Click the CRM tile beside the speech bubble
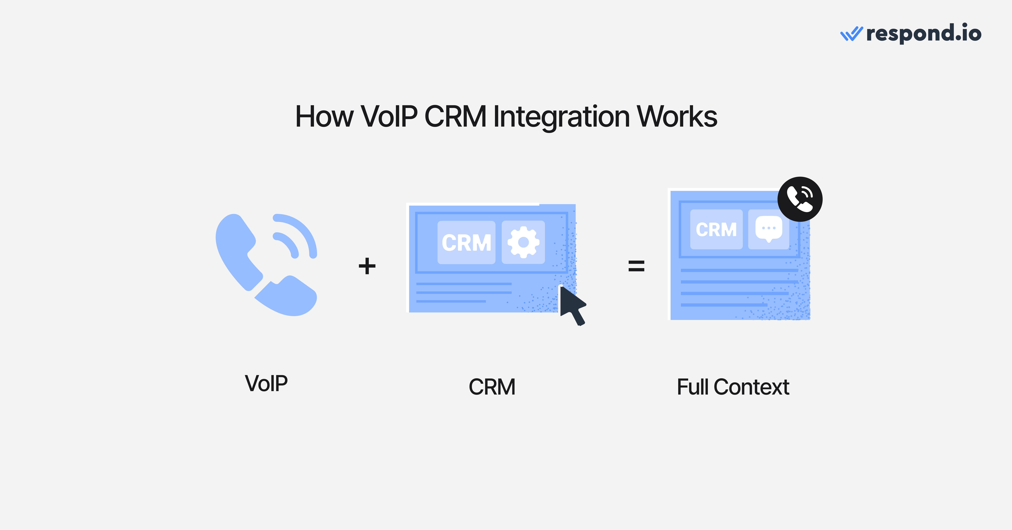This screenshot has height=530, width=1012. pyautogui.click(x=716, y=229)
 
